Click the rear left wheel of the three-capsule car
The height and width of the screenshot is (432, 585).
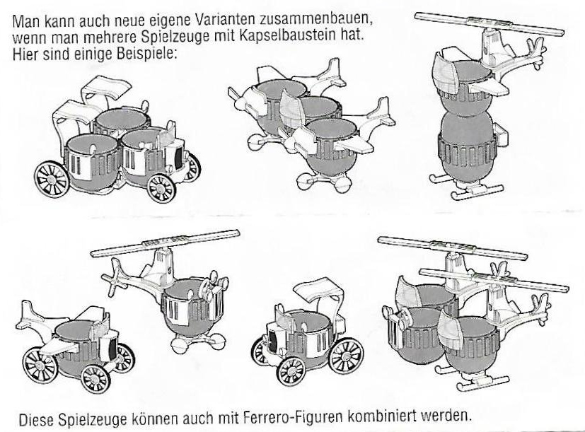[52, 179]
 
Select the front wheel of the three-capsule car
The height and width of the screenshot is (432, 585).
[161, 188]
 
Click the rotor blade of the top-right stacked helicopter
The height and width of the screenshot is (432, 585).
[489, 23]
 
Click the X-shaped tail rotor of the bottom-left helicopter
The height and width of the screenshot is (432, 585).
[115, 276]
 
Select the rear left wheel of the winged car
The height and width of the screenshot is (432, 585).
[40, 365]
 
